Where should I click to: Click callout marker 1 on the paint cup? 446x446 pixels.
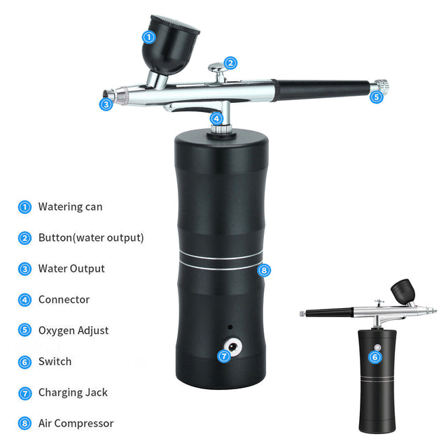click(x=148, y=37)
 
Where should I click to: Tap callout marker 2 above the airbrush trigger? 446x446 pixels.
click(x=230, y=63)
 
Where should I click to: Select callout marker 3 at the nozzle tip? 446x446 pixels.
click(x=106, y=104)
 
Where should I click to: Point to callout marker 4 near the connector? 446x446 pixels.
click(x=216, y=118)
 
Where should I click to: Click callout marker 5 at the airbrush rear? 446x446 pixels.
click(x=376, y=97)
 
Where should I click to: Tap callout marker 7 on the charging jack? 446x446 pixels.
click(x=224, y=356)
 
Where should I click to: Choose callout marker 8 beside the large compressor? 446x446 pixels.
click(x=263, y=270)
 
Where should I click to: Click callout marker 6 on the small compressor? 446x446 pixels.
click(x=375, y=357)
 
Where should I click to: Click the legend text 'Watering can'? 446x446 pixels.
click(x=70, y=207)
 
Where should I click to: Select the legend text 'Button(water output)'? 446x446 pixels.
click(x=91, y=237)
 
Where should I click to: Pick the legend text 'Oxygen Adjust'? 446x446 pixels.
click(x=74, y=330)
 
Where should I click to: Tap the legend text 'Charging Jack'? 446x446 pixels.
click(x=73, y=392)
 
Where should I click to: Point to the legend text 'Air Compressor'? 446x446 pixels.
click(x=76, y=423)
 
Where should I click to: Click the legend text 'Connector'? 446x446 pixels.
click(x=64, y=300)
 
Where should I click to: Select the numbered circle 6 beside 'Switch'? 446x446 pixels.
click(x=25, y=362)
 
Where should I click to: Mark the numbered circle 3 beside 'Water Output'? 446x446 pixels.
click(x=25, y=269)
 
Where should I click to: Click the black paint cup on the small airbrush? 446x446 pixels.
click(x=402, y=289)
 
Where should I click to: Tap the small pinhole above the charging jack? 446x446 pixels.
click(x=229, y=327)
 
